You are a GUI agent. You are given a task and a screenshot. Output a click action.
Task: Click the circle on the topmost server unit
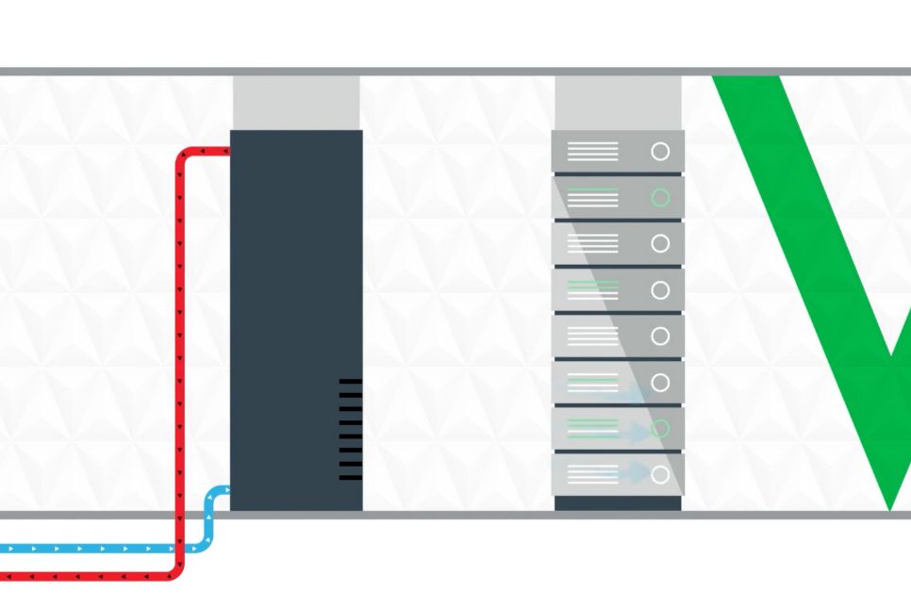[x=660, y=151]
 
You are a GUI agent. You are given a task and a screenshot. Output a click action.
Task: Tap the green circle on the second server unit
[x=660, y=197]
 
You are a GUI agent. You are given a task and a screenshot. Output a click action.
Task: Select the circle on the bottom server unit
[x=660, y=474]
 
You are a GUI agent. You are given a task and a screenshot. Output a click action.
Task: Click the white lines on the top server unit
[x=593, y=151]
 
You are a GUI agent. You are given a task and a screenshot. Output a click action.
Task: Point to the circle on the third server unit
[x=660, y=243]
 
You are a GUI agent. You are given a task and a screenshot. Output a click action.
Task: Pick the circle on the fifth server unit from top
[x=660, y=336]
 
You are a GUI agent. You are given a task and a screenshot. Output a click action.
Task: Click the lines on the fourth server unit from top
[x=593, y=289]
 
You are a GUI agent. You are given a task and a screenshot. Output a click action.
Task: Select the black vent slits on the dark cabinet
[x=350, y=429]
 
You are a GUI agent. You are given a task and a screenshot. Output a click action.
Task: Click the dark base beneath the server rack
[x=618, y=503]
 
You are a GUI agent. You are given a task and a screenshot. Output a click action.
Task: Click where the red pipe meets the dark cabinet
[x=228, y=150]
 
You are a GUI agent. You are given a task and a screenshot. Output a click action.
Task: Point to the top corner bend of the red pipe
[x=183, y=156]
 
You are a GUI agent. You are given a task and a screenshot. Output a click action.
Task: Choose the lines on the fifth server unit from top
[x=593, y=336]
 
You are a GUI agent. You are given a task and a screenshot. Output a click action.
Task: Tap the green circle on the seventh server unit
[x=660, y=428]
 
